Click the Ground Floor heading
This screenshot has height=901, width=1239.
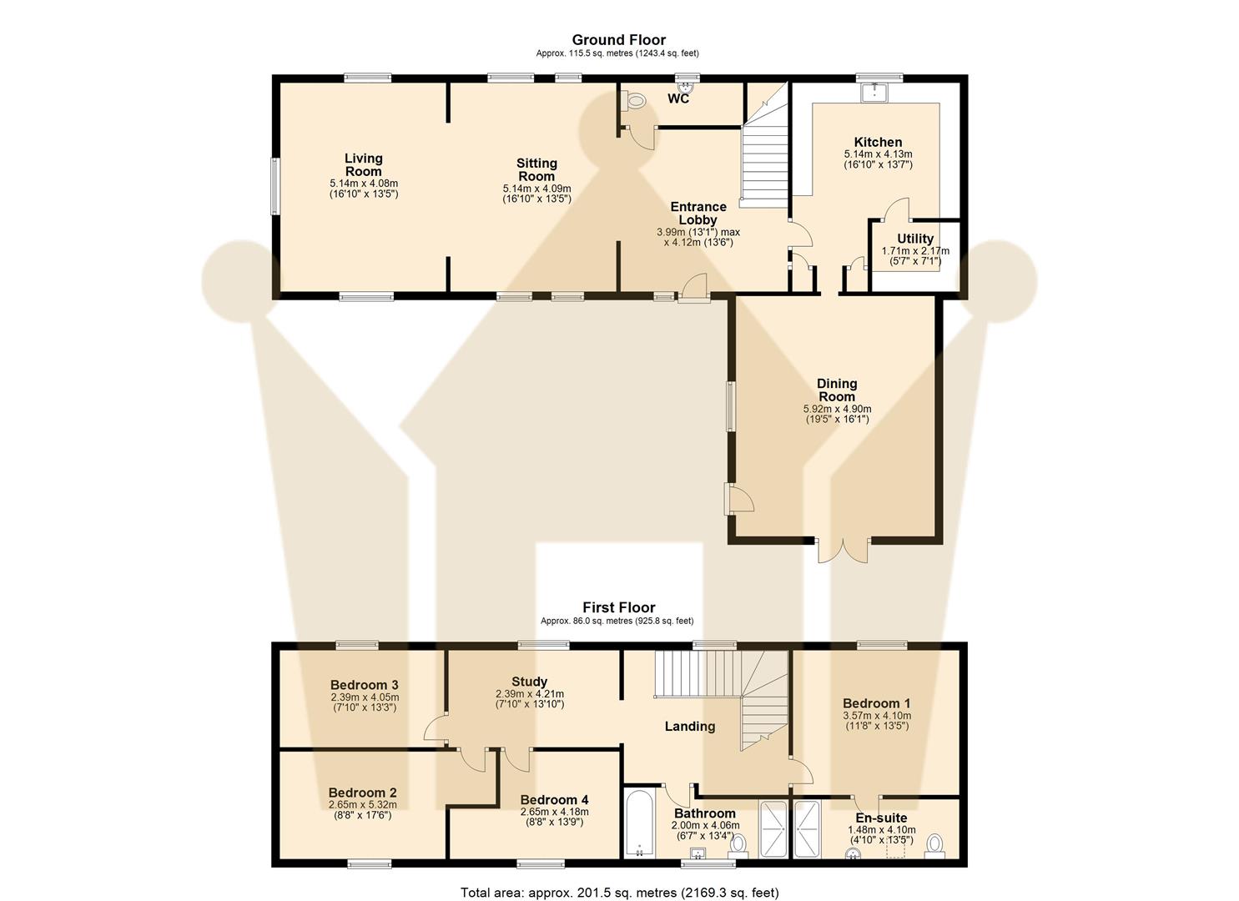(618, 39)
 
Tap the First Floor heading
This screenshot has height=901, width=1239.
(618, 607)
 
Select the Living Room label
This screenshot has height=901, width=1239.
(364, 164)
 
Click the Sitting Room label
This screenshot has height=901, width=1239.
(536, 169)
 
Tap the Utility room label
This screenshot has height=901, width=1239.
(915, 239)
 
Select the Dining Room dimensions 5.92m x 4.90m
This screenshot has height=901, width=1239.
(837, 409)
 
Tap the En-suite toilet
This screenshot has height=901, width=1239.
(934, 844)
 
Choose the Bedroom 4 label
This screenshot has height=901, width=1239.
(554, 799)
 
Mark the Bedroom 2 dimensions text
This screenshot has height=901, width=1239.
(362, 805)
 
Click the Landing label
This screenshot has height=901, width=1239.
(689, 726)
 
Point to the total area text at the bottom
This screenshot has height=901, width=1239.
(619, 892)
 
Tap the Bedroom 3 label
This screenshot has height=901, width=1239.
(364, 685)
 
